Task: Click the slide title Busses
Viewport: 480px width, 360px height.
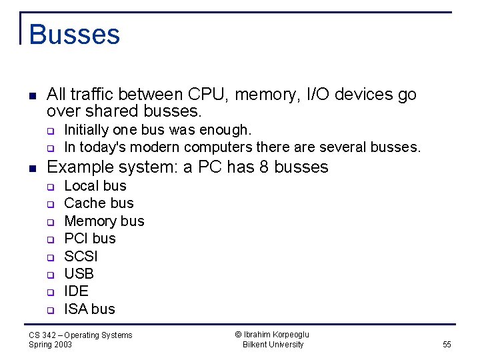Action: (x=74, y=35)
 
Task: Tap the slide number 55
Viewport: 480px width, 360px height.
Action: (x=447, y=345)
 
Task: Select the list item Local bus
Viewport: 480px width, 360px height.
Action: (x=95, y=186)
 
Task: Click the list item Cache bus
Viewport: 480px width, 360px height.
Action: (x=99, y=203)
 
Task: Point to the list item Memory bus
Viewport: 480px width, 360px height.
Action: (x=104, y=221)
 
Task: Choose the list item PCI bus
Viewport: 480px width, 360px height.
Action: (x=89, y=239)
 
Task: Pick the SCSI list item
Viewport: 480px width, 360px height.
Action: (x=81, y=257)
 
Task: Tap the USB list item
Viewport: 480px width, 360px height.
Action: (x=79, y=274)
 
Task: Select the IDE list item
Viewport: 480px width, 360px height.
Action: (x=76, y=291)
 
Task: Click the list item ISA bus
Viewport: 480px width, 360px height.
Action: (x=89, y=309)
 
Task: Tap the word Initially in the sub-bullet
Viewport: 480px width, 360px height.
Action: (x=87, y=129)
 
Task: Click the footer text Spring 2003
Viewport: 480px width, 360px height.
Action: (x=51, y=345)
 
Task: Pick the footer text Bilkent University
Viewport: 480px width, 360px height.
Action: (x=273, y=345)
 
